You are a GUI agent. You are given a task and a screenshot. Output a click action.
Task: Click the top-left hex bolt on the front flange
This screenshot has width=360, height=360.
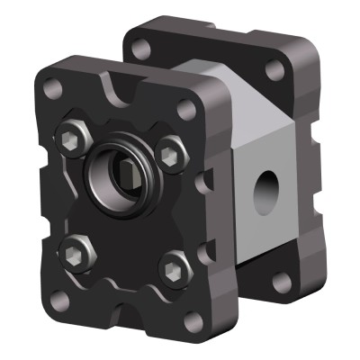tap(71, 137)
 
